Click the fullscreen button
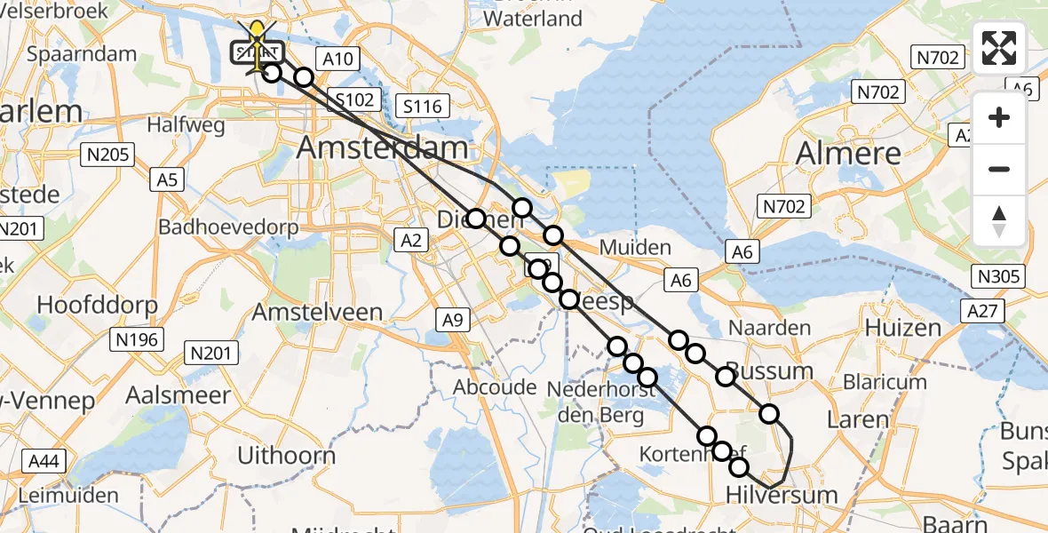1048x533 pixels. [x=999, y=48]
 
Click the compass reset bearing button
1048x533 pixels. [x=999, y=221]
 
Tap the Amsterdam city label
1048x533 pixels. [x=382, y=147]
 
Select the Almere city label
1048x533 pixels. [x=848, y=153]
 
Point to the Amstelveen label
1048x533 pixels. [x=317, y=312]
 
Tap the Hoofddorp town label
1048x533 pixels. [x=97, y=305]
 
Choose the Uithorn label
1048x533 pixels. [x=286, y=456]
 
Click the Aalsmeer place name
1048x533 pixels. [x=166, y=395]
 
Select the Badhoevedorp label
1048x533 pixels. [x=228, y=226]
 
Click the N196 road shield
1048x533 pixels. [x=135, y=339]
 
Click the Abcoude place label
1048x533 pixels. [x=495, y=387]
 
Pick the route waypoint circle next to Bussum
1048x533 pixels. [x=726, y=377]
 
